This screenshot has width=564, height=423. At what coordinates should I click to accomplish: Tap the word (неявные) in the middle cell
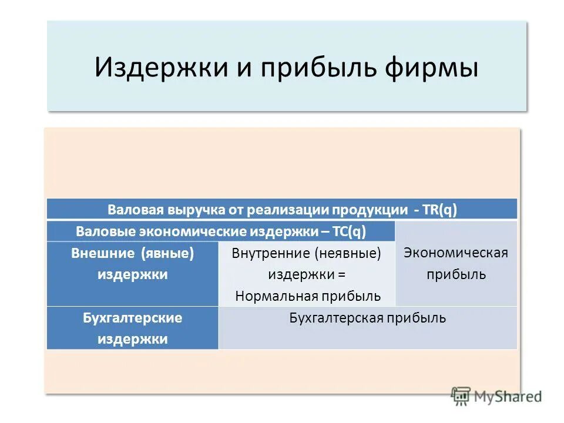pos(348,254)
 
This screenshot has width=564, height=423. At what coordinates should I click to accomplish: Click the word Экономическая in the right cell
pos(456,253)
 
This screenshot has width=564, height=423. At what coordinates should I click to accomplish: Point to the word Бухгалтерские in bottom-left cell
pos(132,318)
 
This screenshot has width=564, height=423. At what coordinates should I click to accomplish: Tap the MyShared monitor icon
pos(462,395)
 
